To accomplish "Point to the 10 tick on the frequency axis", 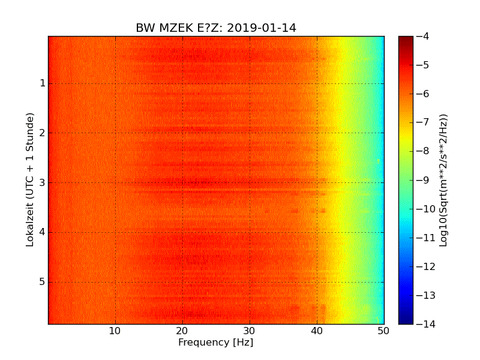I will tap(115, 331).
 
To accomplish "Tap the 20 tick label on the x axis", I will tap(182, 331).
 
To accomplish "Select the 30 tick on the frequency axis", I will tap(250, 331).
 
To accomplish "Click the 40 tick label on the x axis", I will tap(317, 331).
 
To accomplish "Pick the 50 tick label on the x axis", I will tap(383, 331).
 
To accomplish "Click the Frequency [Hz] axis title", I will tap(215, 343).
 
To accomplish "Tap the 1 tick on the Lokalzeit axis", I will tap(43, 83).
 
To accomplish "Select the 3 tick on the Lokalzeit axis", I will tap(43, 182).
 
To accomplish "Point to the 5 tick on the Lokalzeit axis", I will tap(43, 282).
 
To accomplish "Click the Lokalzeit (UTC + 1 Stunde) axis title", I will tap(30, 179).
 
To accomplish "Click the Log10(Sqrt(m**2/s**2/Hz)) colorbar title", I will tap(444, 179).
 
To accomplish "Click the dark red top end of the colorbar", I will tap(406, 39).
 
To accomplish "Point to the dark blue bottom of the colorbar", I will tap(406, 321).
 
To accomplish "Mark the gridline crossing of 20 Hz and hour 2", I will tap(182, 133).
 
